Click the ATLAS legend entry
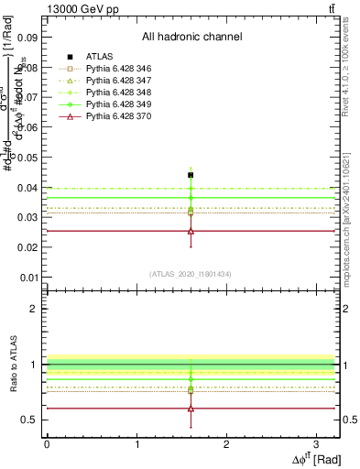pos(98,57)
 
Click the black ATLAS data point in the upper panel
pos(191,175)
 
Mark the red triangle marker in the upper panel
pos(191,231)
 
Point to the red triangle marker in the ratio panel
pos(191,409)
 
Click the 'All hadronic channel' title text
pos(191,37)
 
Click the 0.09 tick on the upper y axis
pos(27,38)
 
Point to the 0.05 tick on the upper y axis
pos(27,158)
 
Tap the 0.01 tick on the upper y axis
pos(27,278)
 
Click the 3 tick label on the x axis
pos(317,443)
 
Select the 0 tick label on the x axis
pos(47,443)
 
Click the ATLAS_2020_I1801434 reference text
pos(191,274)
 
